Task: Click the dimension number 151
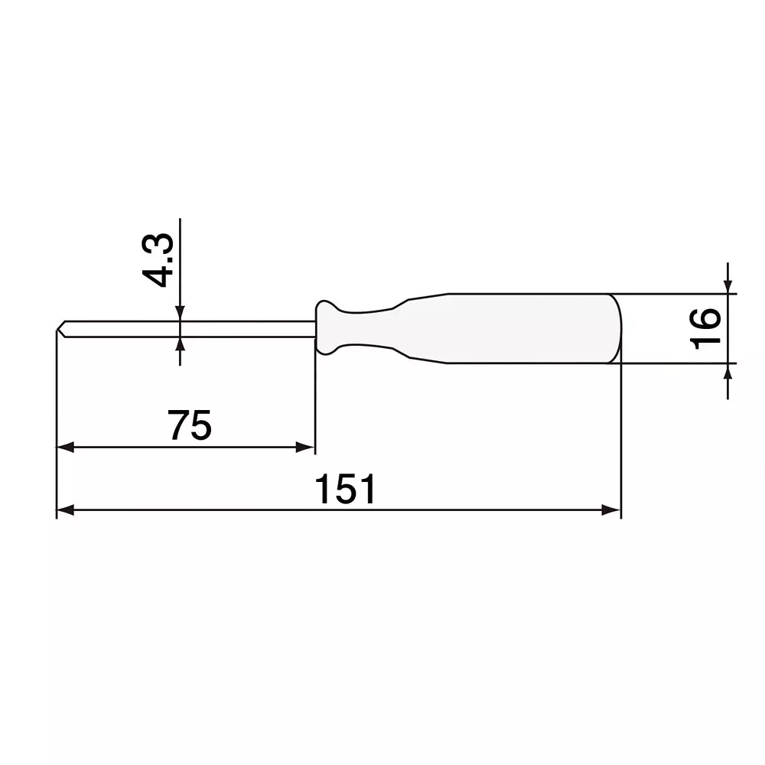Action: [346, 490]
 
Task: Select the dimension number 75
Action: [190, 426]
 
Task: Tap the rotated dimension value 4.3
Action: [161, 261]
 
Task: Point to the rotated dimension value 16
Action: [705, 328]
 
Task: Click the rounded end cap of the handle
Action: [616, 328]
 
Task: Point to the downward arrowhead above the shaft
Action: [180, 313]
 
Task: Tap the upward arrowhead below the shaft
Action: [180, 345]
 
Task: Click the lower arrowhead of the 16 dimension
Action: [728, 371]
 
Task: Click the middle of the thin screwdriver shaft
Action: [187, 328]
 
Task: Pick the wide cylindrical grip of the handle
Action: [528, 328]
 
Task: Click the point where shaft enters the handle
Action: [315, 328]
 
